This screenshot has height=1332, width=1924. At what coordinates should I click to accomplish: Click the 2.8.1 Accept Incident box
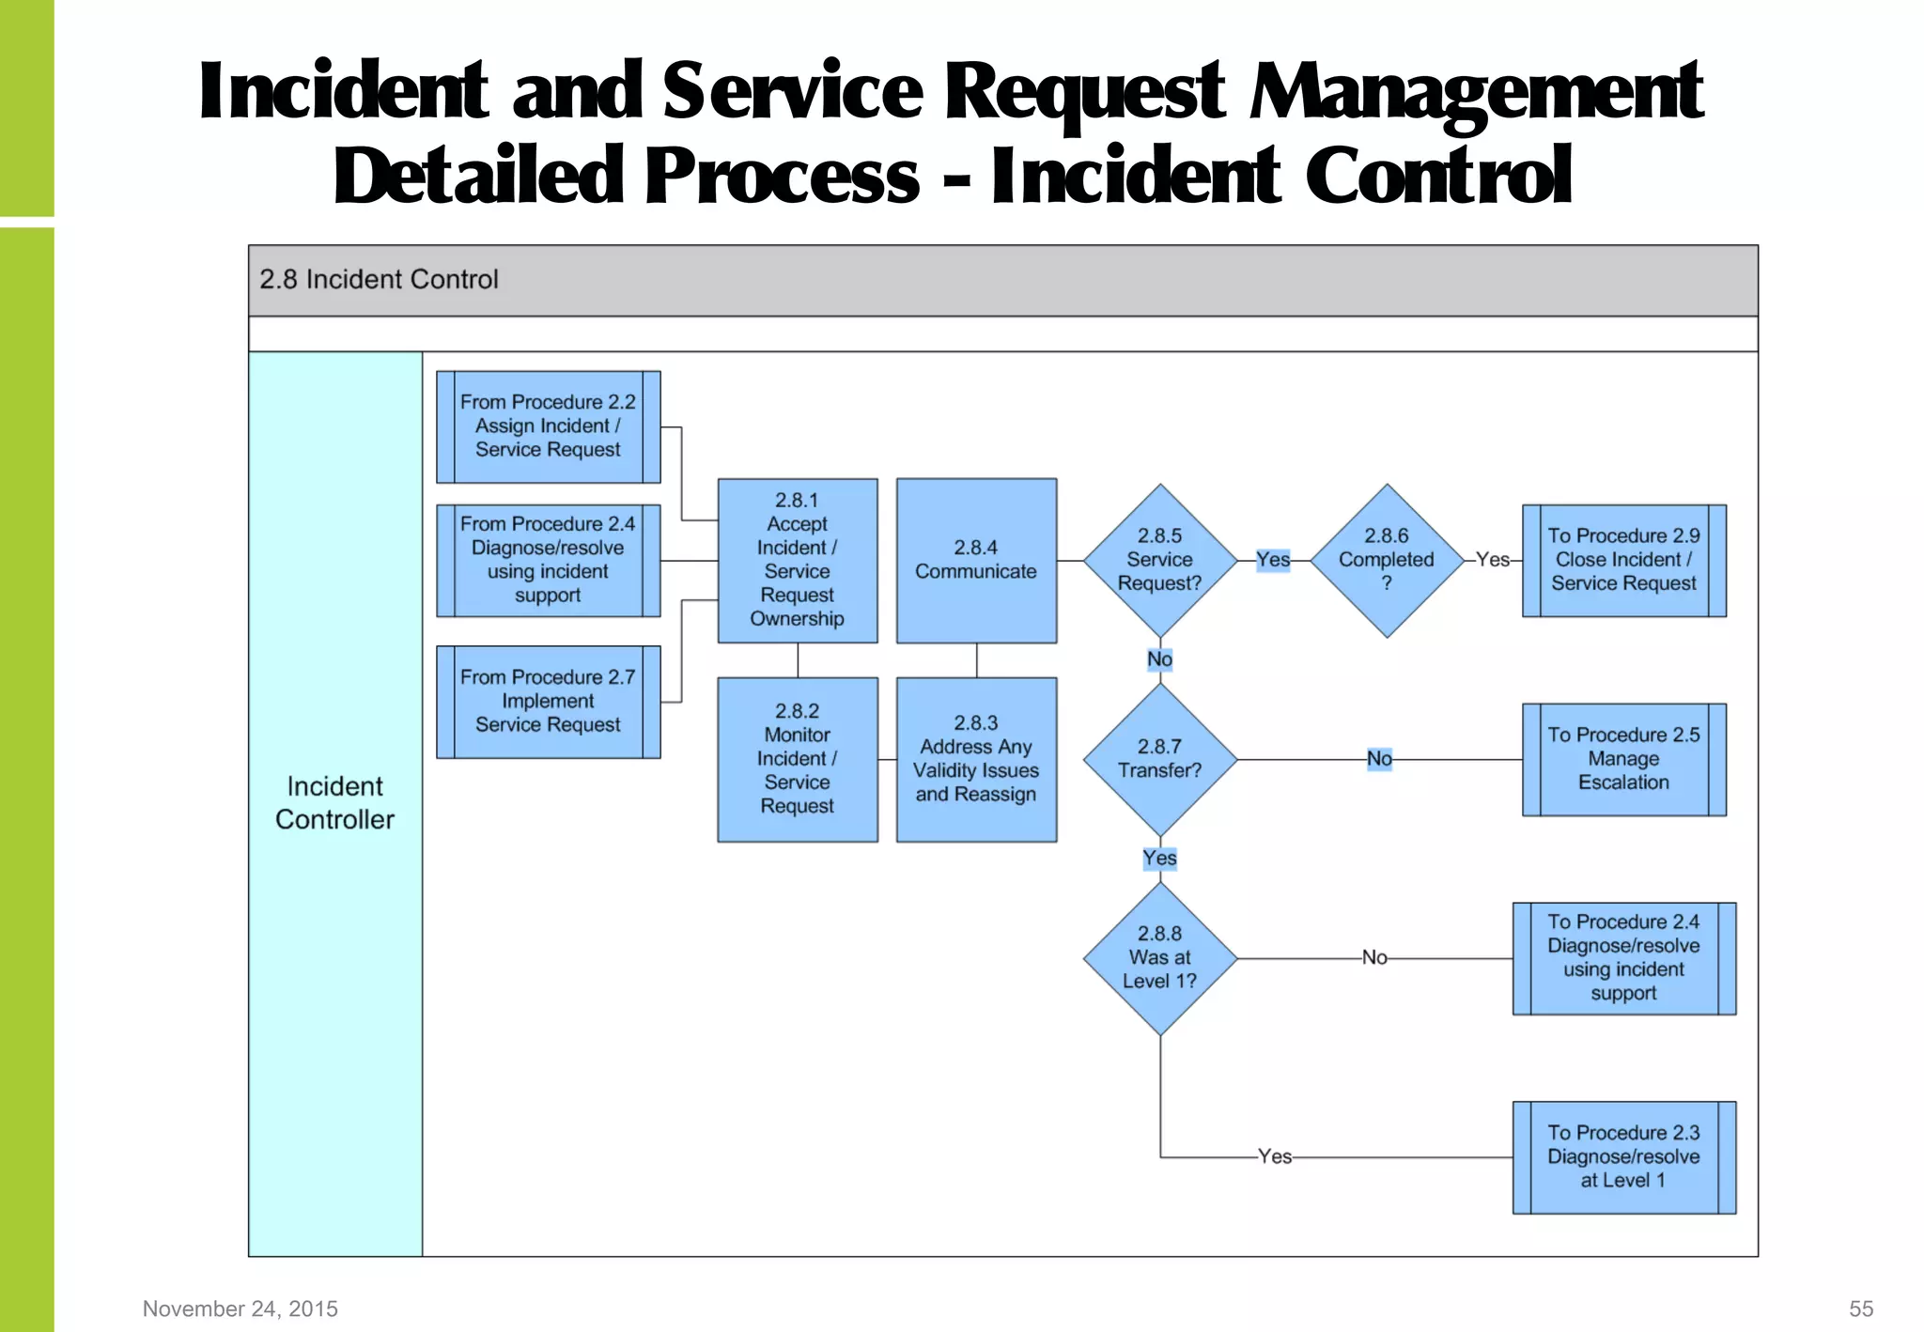(x=797, y=560)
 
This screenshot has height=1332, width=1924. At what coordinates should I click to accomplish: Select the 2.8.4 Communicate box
(x=976, y=560)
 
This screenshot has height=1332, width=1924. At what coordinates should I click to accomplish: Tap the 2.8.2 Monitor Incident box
(x=797, y=759)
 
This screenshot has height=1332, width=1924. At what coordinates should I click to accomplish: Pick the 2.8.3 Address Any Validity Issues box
(x=976, y=759)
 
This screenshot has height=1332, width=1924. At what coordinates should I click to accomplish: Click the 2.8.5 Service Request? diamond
(x=1159, y=560)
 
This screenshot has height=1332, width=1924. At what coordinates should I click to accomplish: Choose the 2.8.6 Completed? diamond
(x=1386, y=560)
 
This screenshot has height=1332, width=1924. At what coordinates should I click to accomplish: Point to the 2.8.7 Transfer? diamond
(x=1159, y=759)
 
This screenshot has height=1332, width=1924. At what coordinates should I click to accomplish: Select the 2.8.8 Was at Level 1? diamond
(x=1159, y=958)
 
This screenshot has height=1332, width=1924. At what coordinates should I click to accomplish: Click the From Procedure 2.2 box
(x=548, y=426)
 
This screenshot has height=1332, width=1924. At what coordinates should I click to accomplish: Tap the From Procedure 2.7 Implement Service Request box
(x=548, y=701)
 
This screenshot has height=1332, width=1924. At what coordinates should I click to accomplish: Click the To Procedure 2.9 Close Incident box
(x=1623, y=560)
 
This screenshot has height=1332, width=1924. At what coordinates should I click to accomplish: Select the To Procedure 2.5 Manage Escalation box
(x=1623, y=759)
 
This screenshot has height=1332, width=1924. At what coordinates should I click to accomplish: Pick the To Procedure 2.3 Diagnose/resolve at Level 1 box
(x=1623, y=1156)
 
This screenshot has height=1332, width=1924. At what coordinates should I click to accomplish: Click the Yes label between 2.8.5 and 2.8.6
(x=1273, y=560)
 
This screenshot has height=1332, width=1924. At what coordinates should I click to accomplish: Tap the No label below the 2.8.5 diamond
(x=1159, y=659)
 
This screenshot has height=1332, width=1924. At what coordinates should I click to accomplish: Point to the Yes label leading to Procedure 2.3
(x=1275, y=1156)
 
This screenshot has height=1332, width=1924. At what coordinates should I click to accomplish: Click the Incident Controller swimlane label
(x=334, y=803)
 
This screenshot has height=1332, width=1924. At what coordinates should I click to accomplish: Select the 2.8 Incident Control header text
(x=379, y=280)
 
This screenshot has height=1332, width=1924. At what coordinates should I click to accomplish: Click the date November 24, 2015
(x=240, y=1309)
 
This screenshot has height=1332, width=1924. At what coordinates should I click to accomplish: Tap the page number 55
(x=1861, y=1309)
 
